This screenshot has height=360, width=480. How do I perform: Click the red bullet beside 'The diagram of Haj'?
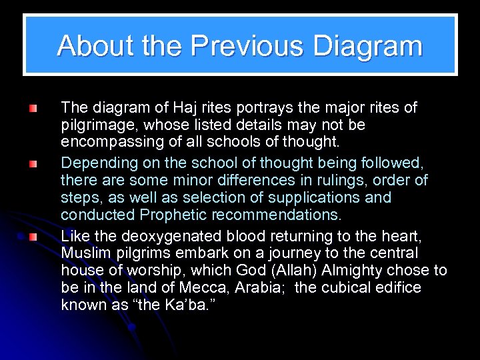(x=33, y=107)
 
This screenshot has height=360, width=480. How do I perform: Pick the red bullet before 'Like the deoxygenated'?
(x=33, y=235)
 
